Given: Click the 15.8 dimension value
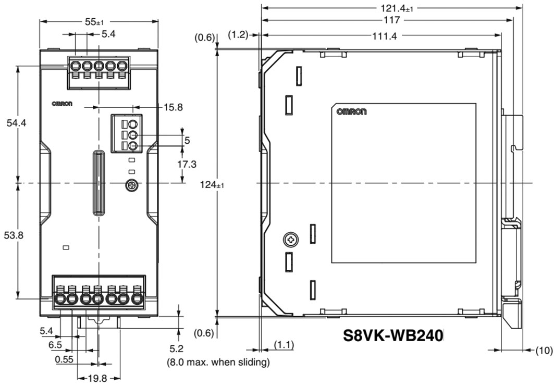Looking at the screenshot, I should coord(173,107).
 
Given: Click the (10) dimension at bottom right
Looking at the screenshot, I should coord(544,350).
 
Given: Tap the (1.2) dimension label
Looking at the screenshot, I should coord(239,35).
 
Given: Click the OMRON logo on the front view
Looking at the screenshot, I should coord(62,103).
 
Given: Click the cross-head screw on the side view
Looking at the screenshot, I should coord(290,240).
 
